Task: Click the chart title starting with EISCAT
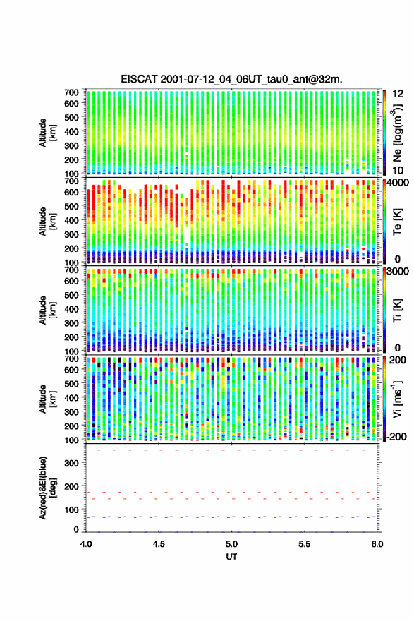coord(231,79)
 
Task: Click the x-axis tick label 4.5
coord(159,544)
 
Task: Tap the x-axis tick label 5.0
coord(231,544)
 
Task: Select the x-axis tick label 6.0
coord(377,544)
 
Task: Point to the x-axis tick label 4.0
coord(86,544)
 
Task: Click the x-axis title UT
coord(231,557)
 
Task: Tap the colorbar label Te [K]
coord(397,222)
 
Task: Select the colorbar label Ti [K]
coord(397,310)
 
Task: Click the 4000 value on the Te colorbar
coord(398,183)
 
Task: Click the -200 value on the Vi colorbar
coord(397,437)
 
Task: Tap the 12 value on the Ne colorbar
coord(398,95)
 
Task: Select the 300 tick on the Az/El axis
coord(72,463)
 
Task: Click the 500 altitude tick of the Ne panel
coord(72,117)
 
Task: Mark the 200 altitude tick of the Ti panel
coord(72,337)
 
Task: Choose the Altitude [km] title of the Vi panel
coord(47,399)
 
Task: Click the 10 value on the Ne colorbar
coord(398,170)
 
